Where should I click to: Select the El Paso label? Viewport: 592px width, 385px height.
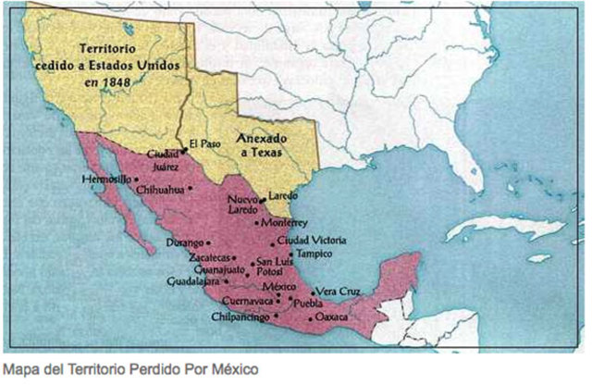pos(206,143)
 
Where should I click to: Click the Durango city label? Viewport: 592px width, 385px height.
pos(183,242)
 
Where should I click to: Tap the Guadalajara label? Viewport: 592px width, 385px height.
pos(192,280)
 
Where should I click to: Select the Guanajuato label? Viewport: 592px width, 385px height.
pos(216,269)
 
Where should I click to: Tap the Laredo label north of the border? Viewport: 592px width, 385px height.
pos(284,196)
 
